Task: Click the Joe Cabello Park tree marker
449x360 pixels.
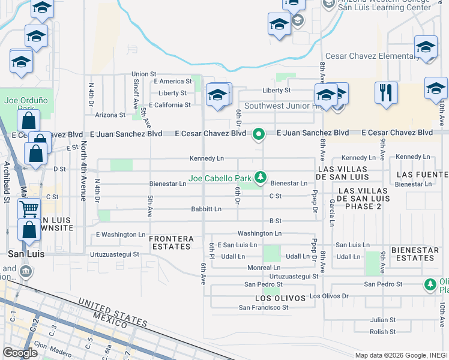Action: pyautogui.click(x=261, y=177)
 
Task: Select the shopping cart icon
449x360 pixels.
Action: pyautogui.click(x=29, y=209)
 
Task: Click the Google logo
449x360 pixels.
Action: pyautogui.click(x=20, y=353)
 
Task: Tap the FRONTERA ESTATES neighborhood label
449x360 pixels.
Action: pyautogui.click(x=171, y=242)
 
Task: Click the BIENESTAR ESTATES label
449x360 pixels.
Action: pyautogui.click(x=412, y=254)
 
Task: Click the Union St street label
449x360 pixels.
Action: pyautogui.click(x=144, y=74)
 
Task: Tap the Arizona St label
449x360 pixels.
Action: pyautogui.click(x=110, y=115)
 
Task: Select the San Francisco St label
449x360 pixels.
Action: pyautogui.click(x=264, y=307)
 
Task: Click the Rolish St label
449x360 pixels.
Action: pyautogui.click(x=382, y=331)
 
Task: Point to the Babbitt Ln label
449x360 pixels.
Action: pyautogui.click(x=206, y=209)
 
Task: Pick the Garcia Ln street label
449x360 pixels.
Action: pyautogui.click(x=332, y=213)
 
